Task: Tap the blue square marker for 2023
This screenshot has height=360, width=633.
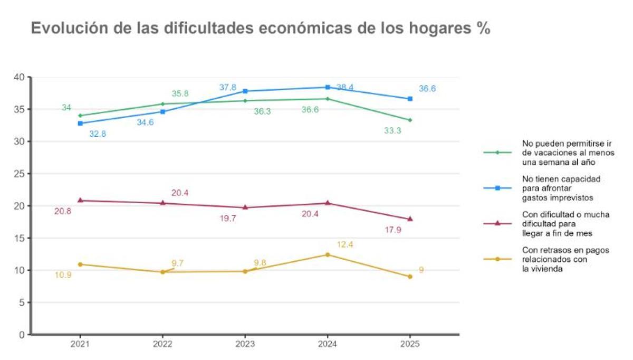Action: tap(245, 91)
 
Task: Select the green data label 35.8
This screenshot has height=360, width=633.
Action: tap(180, 93)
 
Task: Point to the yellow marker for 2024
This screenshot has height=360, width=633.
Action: tap(328, 254)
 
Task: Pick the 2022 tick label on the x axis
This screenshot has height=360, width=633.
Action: tap(162, 344)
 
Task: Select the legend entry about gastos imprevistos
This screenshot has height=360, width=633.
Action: tap(561, 188)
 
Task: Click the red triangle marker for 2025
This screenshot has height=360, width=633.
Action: tap(410, 219)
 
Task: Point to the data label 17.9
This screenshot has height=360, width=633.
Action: tap(394, 230)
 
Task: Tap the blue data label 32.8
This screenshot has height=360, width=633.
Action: tap(98, 134)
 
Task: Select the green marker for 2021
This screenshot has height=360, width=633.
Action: tap(80, 116)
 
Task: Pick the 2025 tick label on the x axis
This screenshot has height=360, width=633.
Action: tap(410, 344)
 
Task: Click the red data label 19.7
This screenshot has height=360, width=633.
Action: tap(228, 218)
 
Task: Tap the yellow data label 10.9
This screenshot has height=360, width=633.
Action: tap(63, 274)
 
